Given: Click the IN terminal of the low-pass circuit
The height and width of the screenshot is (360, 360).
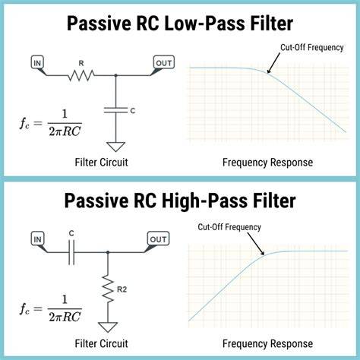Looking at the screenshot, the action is (x=37, y=63).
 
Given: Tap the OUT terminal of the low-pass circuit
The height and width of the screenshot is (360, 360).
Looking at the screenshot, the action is (x=164, y=63).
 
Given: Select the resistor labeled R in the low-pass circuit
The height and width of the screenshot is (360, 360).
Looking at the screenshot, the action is (x=81, y=75).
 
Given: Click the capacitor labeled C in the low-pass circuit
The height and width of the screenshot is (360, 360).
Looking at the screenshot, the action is (x=115, y=110).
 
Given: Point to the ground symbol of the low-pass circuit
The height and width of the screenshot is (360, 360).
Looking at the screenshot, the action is (x=115, y=147).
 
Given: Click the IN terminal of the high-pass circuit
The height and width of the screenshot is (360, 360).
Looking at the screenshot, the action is (x=37, y=238).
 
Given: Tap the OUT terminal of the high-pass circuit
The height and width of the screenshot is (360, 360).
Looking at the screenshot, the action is (x=158, y=238).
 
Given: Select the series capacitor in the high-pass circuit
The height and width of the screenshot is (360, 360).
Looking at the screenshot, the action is (x=71, y=252).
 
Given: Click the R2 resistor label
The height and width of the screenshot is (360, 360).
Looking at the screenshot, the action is (x=122, y=289).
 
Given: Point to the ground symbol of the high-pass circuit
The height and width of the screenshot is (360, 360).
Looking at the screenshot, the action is (x=108, y=327).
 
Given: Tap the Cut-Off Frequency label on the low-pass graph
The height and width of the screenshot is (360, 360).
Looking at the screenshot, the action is (x=312, y=48).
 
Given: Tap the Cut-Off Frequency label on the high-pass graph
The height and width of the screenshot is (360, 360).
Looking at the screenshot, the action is (x=229, y=227).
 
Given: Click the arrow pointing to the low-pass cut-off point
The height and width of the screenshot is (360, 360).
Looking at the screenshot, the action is (x=274, y=63).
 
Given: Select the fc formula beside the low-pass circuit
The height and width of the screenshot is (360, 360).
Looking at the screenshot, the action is (x=51, y=123).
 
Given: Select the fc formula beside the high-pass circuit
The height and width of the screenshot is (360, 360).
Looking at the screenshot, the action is (x=51, y=308).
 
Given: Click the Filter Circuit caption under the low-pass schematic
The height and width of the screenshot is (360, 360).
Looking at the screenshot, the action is (x=101, y=163).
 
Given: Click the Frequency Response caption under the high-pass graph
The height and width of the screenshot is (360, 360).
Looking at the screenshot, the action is (x=267, y=344).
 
